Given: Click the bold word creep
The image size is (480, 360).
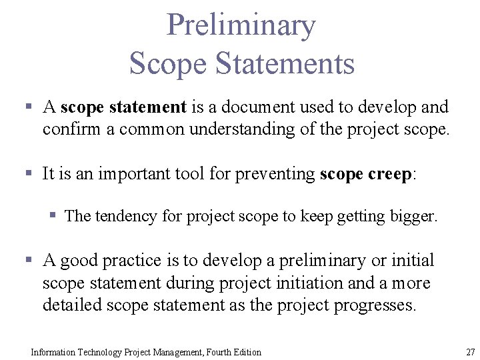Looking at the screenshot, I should click(x=390, y=174).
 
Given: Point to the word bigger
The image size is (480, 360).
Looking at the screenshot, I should click(x=414, y=216).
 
